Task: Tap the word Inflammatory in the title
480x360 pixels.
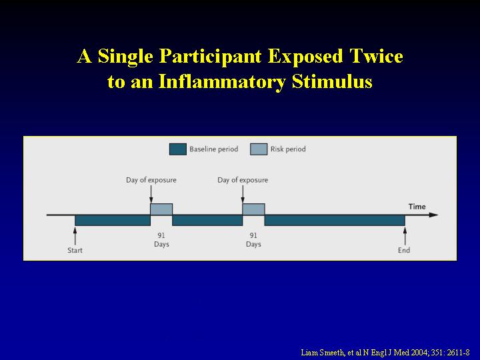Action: (x=222, y=81)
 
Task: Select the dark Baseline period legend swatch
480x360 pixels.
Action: (x=177, y=149)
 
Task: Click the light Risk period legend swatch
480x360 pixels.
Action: (x=259, y=149)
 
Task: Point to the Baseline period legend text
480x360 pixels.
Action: (x=214, y=149)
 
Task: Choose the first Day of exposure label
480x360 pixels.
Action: (x=151, y=180)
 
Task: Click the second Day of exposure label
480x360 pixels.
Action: (x=243, y=180)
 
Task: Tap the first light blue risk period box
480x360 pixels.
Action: (x=161, y=209)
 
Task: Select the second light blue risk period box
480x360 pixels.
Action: (x=253, y=209)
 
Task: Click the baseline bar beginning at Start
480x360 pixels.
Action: (x=113, y=221)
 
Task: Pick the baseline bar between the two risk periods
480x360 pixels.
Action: (x=207, y=221)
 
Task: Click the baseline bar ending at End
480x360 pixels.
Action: (x=335, y=221)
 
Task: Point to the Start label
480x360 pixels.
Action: (x=75, y=251)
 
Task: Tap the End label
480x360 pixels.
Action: (x=404, y=251)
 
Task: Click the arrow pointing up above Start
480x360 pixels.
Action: (x=75, y=236)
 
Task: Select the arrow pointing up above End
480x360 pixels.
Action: (x=405, y=236)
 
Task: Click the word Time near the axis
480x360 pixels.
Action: (x=417, y=207)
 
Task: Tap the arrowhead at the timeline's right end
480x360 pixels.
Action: (x=434, y=215)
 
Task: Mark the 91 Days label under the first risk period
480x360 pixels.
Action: (x=161, y=240)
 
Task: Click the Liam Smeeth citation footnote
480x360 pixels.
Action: (x=385, y=353)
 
